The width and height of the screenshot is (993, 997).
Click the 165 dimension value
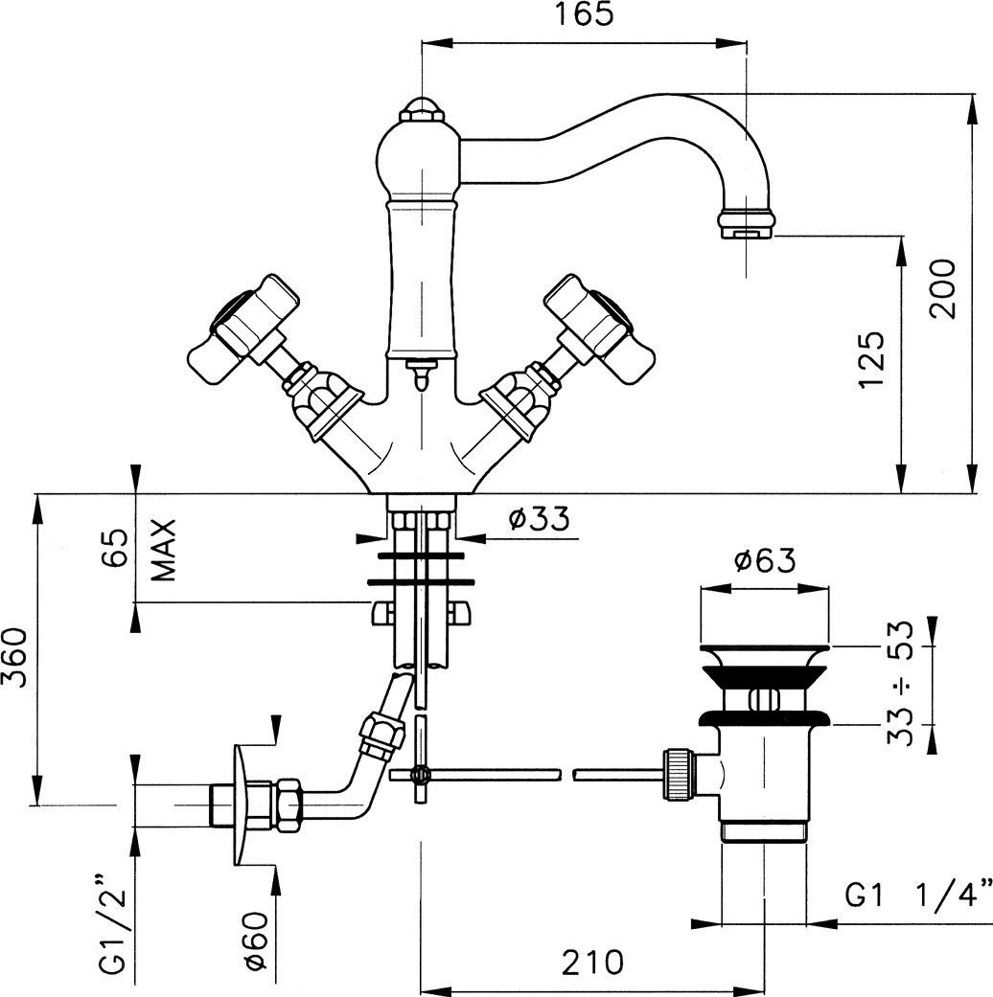(x=582, y=16)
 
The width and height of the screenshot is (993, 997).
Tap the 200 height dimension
(x=943, y=288)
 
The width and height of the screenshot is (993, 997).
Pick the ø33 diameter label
(x=538, y=518)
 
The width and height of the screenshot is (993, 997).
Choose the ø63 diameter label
(x=764, y=561)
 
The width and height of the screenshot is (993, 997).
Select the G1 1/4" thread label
(x=916, y=895)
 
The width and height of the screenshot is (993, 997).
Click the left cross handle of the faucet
(x=242, y=327)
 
